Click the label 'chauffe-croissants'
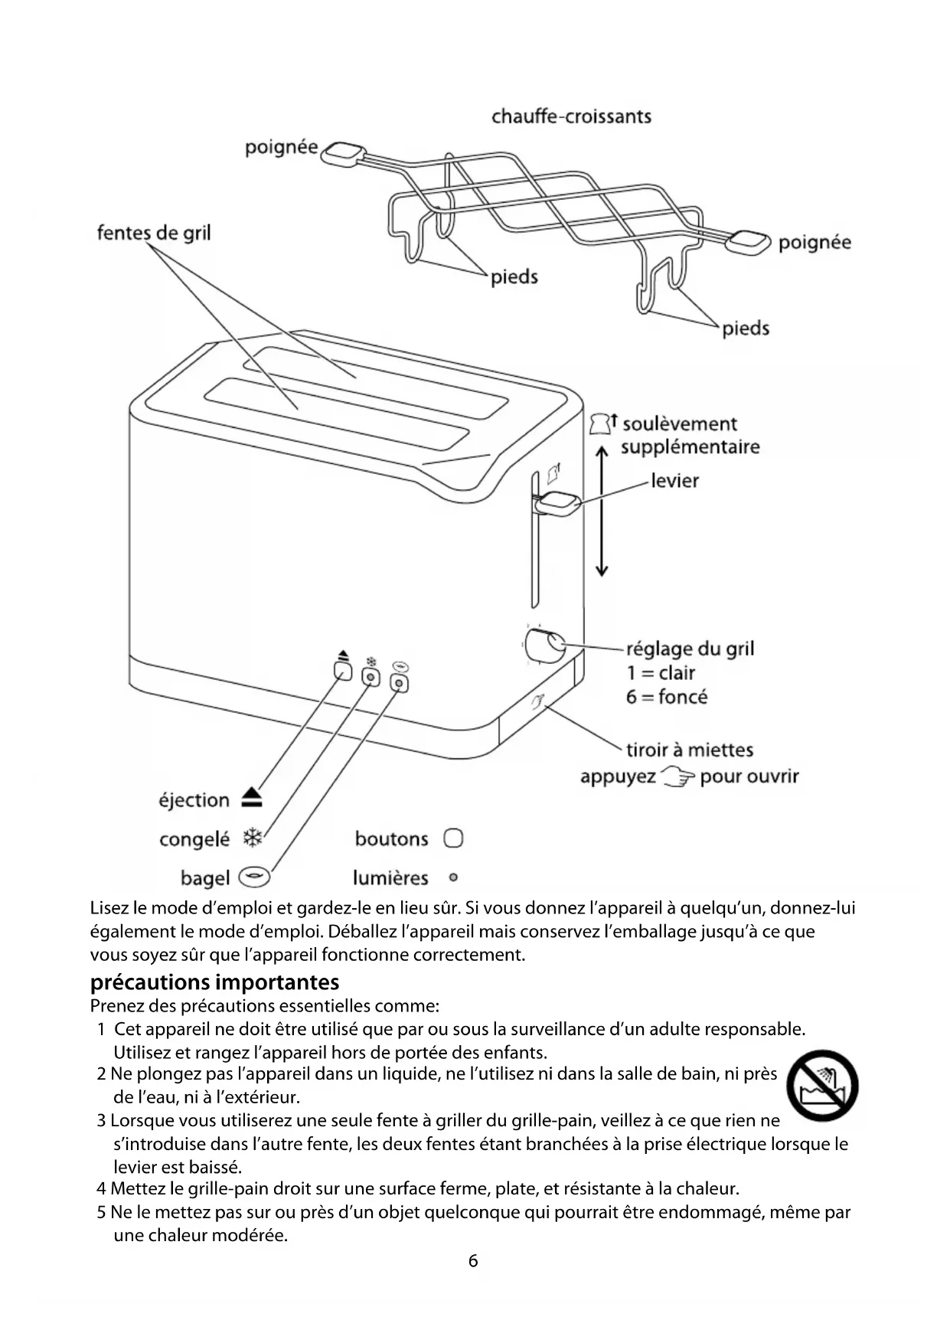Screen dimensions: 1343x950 (571, 116)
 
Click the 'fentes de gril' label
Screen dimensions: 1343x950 (153, 233)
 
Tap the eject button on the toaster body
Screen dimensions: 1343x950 (343, 671)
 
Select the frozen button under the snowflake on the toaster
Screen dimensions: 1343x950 (371, 678)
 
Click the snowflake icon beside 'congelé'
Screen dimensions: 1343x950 (252, 838)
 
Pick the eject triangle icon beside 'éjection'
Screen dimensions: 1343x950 (252, 799)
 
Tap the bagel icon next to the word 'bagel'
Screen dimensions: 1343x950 (253, 876)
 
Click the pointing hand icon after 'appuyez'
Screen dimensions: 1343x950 (677, 777)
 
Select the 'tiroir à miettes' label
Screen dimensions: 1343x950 (689, 750)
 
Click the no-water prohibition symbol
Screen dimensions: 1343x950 (823, 1086)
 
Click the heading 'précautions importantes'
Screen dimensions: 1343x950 (214, 982)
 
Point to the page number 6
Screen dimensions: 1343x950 (473, 1260)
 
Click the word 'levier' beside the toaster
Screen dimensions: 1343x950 (674, 481)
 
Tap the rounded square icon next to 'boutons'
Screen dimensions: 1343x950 (453, 838)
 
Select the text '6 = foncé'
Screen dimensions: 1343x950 (666, 697)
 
